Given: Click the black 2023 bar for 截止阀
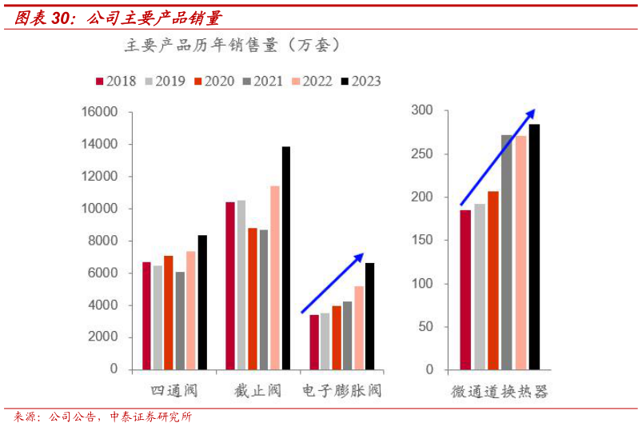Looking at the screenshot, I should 286,257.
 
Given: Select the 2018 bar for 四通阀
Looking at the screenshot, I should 146,316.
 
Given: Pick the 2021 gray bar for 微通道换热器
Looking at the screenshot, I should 507,252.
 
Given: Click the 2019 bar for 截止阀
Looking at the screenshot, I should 241,285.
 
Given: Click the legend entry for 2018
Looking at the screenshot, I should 116,81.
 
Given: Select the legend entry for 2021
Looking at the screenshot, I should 263,81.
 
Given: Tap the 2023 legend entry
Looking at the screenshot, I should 361,81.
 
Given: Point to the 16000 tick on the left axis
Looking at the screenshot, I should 101,112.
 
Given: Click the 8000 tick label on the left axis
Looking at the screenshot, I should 103,241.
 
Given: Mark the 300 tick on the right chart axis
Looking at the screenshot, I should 422,110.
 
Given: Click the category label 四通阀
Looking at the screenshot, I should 174,391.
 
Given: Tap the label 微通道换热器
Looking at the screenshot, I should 499,392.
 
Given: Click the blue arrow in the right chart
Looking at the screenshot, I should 497,158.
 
